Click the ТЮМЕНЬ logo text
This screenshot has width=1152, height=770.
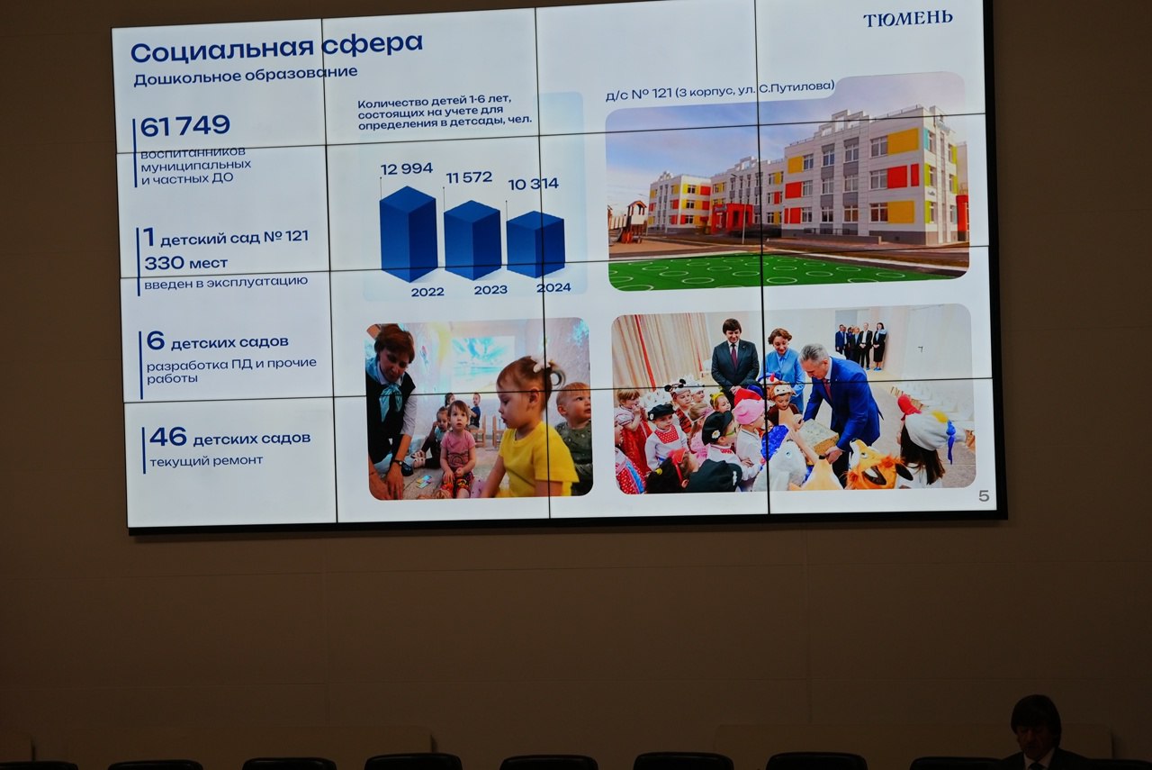(x=908, y=19)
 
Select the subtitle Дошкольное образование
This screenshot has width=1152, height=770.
(x=246, y=75)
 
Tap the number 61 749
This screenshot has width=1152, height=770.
(x=185, y=125)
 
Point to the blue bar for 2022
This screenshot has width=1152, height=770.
(x=409, y=233)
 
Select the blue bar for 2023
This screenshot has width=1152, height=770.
(x=472, y=240)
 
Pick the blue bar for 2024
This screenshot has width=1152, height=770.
(x=535, y=244)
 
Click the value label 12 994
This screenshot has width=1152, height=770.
(x=406, y=168)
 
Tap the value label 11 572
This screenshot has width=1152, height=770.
(x=469, y=177)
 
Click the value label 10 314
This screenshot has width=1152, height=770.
(x=534, y=184)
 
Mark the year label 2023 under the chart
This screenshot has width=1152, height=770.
(x=490, y=290)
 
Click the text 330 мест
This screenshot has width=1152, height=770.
(x=185, y=263)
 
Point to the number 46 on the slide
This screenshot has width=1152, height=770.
(x=168, y=437)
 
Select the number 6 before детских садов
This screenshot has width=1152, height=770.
(x=156, y=340)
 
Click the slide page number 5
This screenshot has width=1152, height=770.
(x=984, y=495)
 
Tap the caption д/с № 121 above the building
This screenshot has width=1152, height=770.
(x=639, y=95)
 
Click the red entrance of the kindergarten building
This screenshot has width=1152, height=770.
(x=731, y=215)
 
